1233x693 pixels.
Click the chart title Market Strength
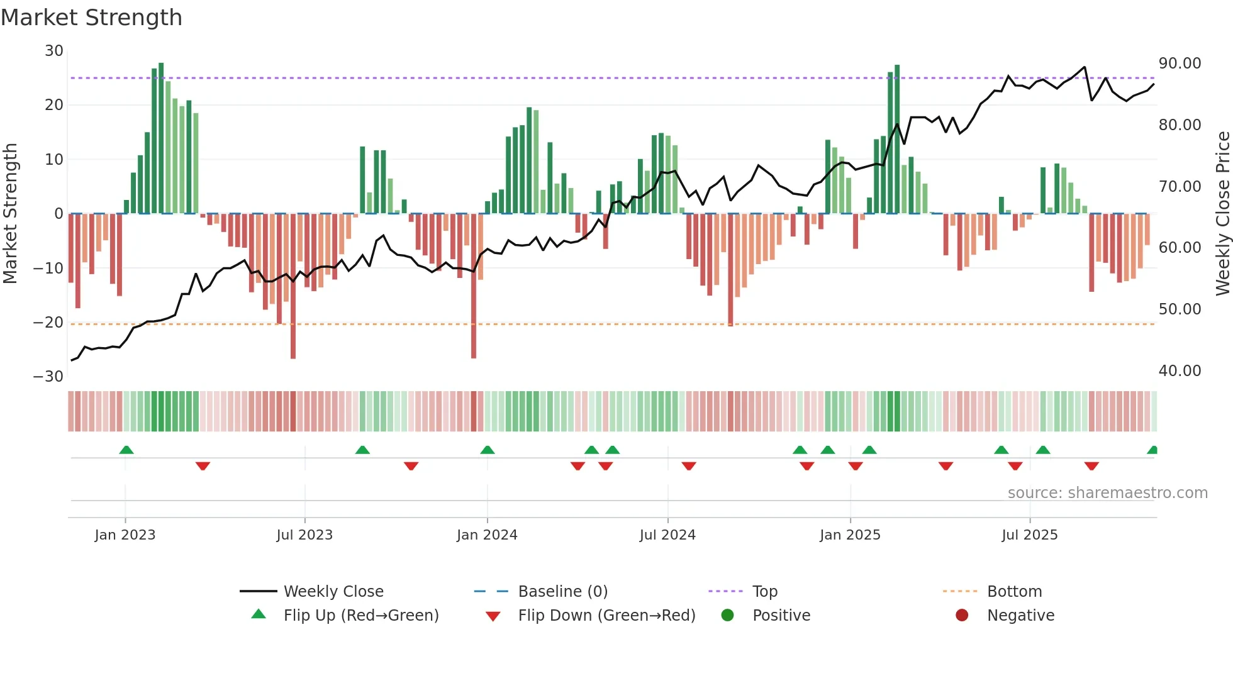[x=91, y=18]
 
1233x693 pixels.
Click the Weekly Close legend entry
[x=333, y=592]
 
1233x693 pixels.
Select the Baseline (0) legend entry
[x=562, y=592]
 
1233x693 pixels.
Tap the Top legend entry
[x=764, y=592]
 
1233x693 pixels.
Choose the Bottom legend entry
[x=1014, y=592]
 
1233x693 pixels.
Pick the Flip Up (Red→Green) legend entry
[x=360, y=616]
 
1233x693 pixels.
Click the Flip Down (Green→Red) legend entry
[x=606, y=616]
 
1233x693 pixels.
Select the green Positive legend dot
[x=728, y=616]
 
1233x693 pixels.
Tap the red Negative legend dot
[x=962, y=616]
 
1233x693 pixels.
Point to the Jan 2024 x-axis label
[x=487, y=535]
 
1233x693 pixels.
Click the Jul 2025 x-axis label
[x=1029, y=535]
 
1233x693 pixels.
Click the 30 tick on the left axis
[x=54, y=51]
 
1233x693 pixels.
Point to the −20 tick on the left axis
[x=48, y=323]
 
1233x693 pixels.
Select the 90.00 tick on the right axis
[x=1180, y=64]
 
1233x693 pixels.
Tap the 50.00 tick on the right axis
[x=1180, y=309]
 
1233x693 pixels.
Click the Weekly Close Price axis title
[x=1222, y=213]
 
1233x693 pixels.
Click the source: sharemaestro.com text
[x=1107, y=493]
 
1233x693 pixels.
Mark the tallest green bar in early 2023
[x=161, y=138]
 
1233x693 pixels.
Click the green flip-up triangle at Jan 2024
[x=487, y=450]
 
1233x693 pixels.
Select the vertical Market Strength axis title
[x=11, y=213]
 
